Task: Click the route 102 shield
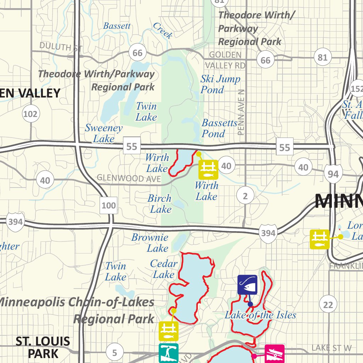31,114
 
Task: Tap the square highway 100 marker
108,205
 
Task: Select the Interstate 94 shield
333,174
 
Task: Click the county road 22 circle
328,304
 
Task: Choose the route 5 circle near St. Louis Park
115,353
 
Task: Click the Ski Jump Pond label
220,84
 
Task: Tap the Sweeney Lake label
104,133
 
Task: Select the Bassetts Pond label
219,128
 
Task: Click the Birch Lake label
160,204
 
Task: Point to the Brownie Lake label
150,243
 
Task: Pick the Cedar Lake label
163,269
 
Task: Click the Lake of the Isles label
260,315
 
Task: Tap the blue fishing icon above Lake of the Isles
247,285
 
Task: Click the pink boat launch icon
274,353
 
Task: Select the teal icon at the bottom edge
168,353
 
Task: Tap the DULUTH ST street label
61,46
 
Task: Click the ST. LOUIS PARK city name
43,348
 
